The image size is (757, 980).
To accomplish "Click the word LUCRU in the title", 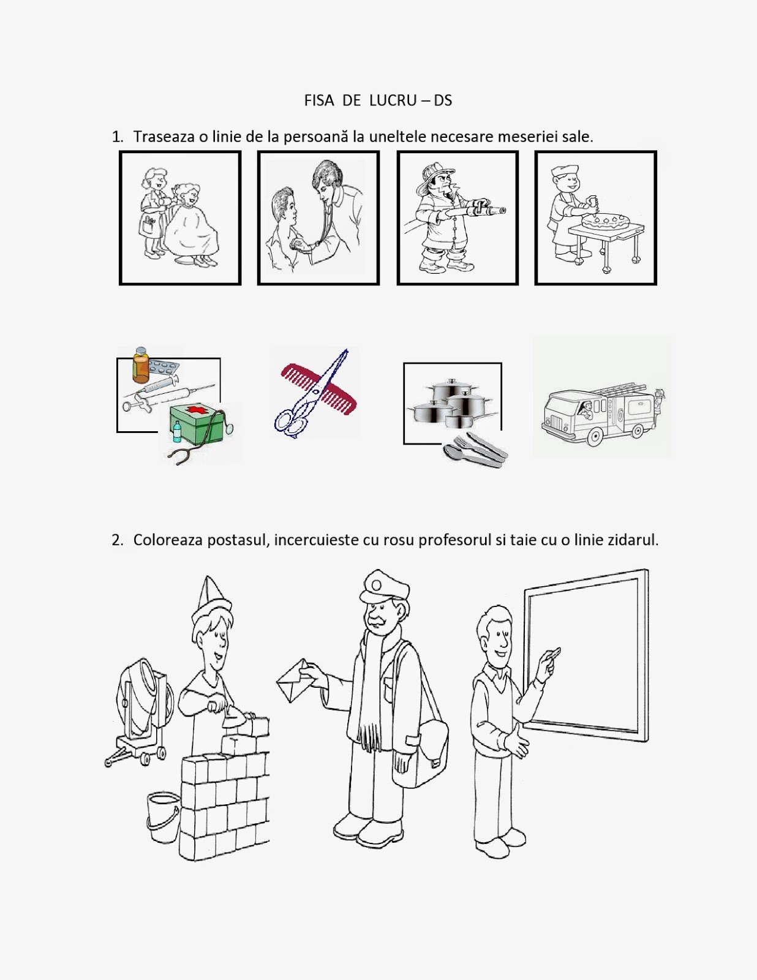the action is (x=393, y=100).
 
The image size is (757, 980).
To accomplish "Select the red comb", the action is (x=318, y=388).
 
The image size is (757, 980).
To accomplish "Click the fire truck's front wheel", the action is (x=595, y=437).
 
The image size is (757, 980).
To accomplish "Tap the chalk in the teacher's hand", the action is (x=554, y=652).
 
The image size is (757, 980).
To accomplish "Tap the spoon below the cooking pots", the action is (x=454, y=451).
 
